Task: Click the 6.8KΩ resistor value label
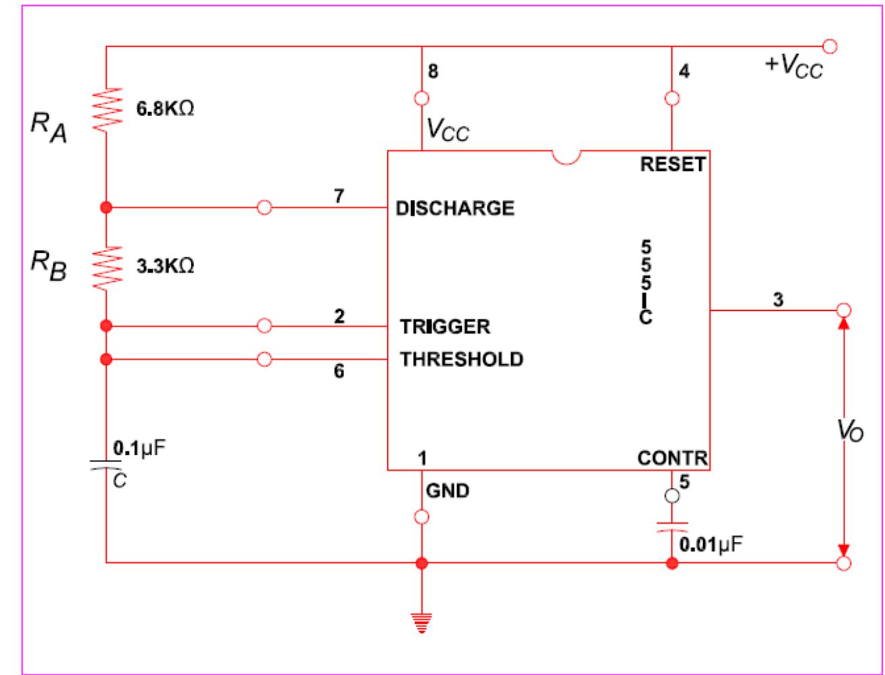[166, 109]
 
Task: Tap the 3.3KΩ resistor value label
[166, 266]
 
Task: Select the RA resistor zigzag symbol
[106, 109]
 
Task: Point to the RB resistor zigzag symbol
[106, 268]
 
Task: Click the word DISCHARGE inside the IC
[455, 208]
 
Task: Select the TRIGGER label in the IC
[444, 327]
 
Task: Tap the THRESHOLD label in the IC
[461, 359]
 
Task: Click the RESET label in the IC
[672, 164]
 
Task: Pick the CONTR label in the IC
[671, 459]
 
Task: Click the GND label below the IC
[447, 491]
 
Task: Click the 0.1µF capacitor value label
[139, 448]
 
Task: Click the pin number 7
[339, 196]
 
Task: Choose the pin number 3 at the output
[778, 299]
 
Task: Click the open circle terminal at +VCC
[831, 46]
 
